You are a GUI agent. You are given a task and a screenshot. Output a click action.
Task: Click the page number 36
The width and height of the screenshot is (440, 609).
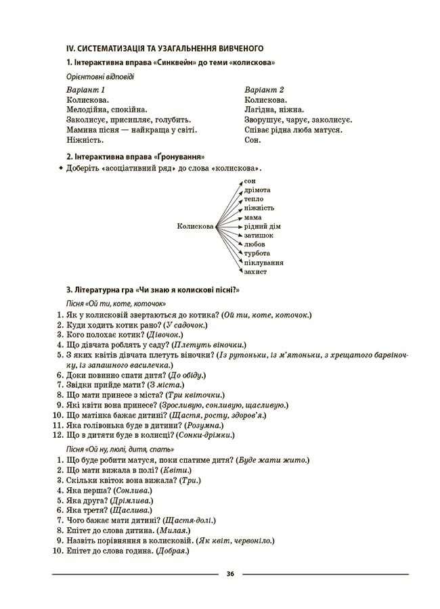pos(230,574)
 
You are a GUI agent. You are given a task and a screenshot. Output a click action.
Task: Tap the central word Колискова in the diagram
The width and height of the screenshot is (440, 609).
pos(195,226)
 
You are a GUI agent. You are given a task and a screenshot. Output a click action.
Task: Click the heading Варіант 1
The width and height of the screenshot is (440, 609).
pos(86,89)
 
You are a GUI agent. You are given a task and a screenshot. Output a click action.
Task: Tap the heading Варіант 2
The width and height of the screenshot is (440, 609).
pos(264,89)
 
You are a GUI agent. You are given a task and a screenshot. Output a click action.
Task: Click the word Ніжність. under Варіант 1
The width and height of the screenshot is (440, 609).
pos(85,140)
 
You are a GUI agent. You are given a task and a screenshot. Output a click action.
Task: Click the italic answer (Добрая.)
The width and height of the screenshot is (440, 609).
pos(172,551)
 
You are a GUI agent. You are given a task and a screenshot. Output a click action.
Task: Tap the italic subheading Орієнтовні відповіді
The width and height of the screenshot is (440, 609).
pos(100,76)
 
